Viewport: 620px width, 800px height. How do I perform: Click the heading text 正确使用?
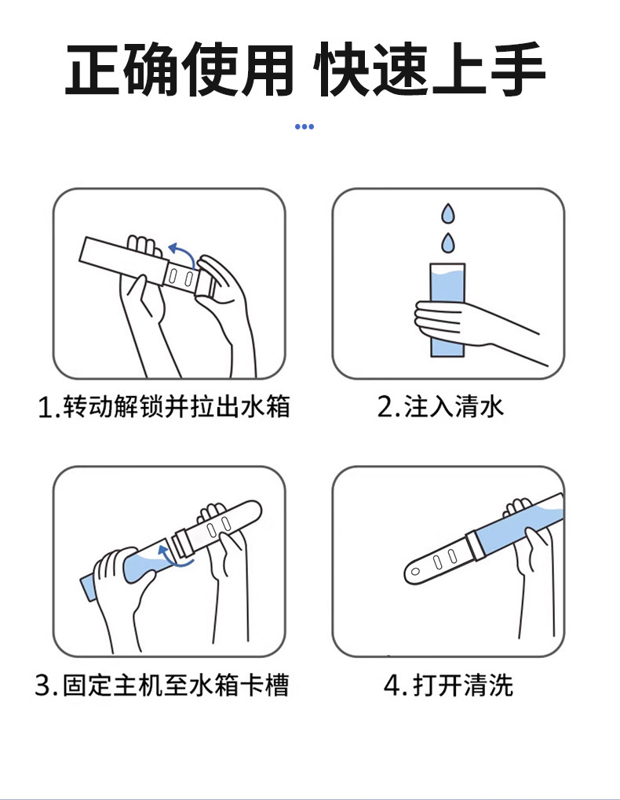tap(179, 70)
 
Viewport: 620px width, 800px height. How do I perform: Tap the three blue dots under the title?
tap(305, 126)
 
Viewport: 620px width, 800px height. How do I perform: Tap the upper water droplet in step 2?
tap(448, 214)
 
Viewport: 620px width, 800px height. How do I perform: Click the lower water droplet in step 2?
tap(448, 243)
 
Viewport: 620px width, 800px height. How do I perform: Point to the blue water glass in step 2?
tap(448, 310)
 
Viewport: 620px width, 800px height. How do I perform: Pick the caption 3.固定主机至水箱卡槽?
tap(162, 685)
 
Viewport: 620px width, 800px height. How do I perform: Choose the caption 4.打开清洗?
tap(448, 685)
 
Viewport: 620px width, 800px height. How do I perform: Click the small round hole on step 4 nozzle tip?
tap(415, 572)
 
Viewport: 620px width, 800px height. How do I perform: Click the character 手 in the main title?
tap(518, 69)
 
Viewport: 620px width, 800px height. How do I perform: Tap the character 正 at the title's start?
tap(93, 70)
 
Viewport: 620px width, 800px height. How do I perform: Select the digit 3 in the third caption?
tap(43, 685)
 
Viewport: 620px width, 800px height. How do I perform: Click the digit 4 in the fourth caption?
tap(392, 685)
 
